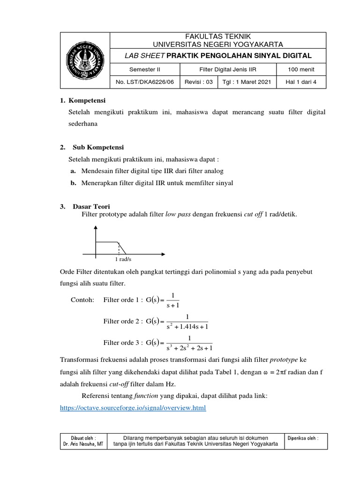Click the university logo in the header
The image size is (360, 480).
tap(85, 61)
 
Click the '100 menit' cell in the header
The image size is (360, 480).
tap(301, 70)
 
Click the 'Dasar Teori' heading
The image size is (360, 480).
tap(91, 206)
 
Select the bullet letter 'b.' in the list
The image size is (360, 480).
tap(73, 183)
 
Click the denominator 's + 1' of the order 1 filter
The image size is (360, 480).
tap(173, 305)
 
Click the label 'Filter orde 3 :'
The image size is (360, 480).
tap(122, 343)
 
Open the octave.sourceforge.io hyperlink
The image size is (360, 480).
tap(134, 408)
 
